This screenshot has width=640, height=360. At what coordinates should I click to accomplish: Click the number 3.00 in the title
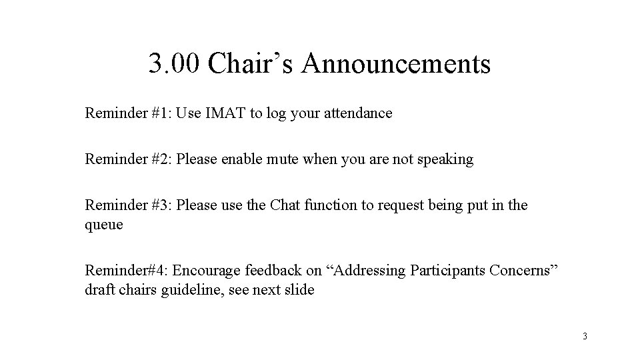pyautogui.click(x=173, y=65)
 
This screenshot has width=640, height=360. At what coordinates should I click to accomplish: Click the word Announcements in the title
pyautogui.click(x=396, y=65)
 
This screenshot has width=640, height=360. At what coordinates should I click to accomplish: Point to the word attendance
pyautogui.click(x=357, y=113)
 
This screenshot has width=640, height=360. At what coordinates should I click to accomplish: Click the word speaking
pyautogui.click(x=446, y=159)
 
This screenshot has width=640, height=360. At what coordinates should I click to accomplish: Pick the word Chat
pyautogui.click(x=285, y=205)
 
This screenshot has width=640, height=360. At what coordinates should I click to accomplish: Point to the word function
pyautogui.click(x=331, y=205)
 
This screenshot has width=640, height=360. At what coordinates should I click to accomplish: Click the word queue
pyautogui.click(x=104, y=225)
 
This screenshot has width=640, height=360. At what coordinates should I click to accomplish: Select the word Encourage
pyautogui.click(x=207, y=271)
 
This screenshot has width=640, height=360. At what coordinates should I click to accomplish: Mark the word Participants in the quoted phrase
pyautogui.click(x=447, y=271)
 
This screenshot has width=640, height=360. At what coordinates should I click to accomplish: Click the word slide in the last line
pyautogui.click(x=298, y=290)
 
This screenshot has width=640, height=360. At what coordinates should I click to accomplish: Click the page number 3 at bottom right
pyautogui.click(x=585, y=336)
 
